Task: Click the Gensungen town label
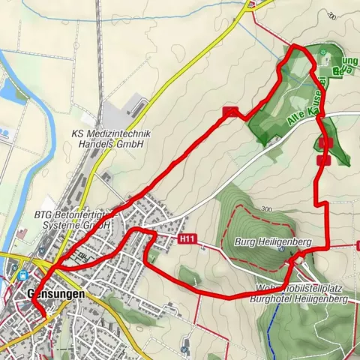point(55,295)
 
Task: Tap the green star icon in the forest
point(322,52)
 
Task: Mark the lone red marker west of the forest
point(230,112)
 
